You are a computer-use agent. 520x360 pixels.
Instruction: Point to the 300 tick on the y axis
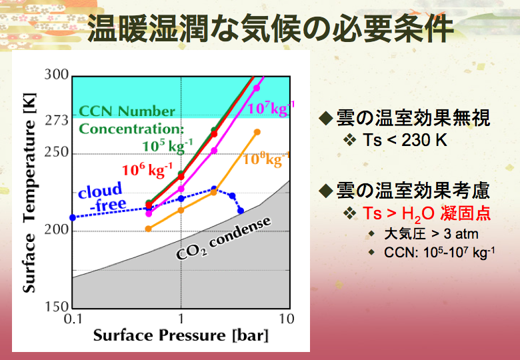(57, 74)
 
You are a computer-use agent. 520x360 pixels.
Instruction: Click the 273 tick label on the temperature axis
(57, 120)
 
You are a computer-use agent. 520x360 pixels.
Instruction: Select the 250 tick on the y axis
(57, 152)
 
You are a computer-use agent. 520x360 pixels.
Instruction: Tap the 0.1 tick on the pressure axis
(73, 319)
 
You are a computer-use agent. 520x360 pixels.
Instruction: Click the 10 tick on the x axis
(286, 319)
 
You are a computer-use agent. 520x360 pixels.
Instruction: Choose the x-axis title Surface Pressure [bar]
(181, 335)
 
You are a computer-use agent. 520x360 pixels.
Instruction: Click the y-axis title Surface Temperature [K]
(29, 192)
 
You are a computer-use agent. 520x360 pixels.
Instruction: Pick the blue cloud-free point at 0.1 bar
(73, 217)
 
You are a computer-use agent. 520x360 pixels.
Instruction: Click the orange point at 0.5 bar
(148, 229)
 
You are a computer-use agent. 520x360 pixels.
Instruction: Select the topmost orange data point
(257, 132)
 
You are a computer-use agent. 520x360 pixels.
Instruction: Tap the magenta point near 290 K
(257, 88)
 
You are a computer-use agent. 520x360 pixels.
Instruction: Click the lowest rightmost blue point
(241, 211)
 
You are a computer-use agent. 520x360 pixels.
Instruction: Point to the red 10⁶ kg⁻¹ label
(147, 170)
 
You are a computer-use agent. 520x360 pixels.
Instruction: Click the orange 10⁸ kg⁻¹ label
(266, 159)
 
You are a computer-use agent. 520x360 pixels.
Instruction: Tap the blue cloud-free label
(102, 197)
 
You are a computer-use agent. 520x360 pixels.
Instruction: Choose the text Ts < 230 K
(405, 140)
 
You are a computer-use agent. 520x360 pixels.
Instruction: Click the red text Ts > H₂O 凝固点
(427, 213)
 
